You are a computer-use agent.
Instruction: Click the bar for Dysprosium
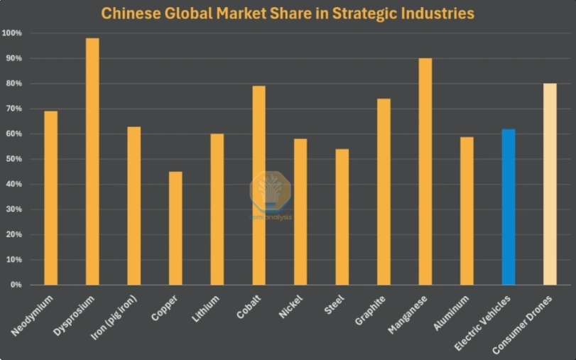(x=92, y=161)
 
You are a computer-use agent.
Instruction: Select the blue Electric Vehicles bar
(x=509, y=207)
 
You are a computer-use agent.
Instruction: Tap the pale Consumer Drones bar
(x=550, y=184)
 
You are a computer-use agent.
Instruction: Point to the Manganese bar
(x=425, y=171)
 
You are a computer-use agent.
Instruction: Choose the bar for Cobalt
(x=259, y=185)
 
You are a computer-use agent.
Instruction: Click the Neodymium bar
(x=50, y=197)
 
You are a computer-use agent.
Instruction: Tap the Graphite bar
(x=384, y=191)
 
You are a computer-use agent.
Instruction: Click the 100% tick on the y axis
(x=12, y=33)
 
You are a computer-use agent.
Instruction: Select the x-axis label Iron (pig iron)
(x=117, y=317)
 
